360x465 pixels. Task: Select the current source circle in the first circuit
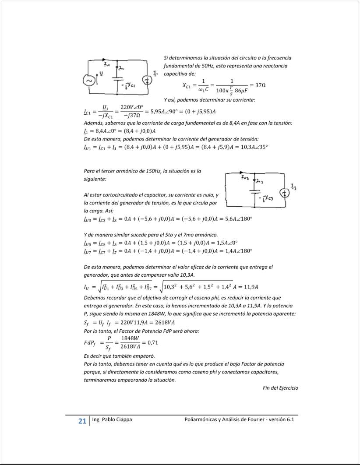[148, 80]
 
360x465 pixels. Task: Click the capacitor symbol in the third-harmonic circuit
[253, 192]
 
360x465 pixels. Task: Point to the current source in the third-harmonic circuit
[285, 192]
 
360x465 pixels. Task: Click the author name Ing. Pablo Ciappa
[112, 419]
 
